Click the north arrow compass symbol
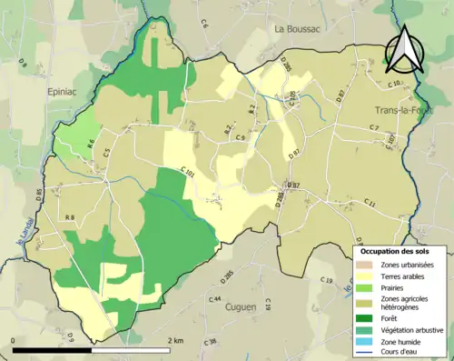pyautogui.click(x=406, y=51)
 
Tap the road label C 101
pyautogui.click(x=188, y=170)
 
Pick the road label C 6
pyautogui.click(x=203, y=48)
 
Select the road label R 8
pyautogui.click(x=69, y=216)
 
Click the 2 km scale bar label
pyautogui.click(x=177, y=340)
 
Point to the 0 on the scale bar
pyautogui.click(x=15, y=340)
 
